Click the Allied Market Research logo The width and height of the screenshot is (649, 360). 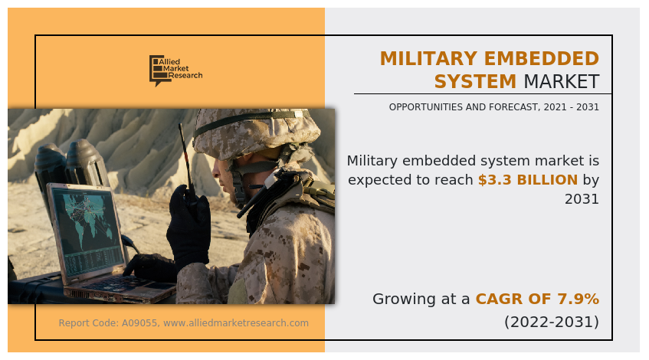175,70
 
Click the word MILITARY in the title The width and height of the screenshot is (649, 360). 425,59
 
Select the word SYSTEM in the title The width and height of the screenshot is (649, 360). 475,82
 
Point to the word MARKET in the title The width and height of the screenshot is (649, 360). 561,82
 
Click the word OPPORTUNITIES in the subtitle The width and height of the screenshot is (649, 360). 426,107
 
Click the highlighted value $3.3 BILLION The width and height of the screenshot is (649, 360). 527,181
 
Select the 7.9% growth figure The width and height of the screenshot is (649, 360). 580,299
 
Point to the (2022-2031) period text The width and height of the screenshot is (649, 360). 551,322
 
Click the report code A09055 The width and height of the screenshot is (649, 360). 139,323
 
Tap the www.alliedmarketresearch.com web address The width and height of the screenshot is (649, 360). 236,323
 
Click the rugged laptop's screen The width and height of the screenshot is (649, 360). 87,227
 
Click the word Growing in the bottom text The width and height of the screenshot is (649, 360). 402,299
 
